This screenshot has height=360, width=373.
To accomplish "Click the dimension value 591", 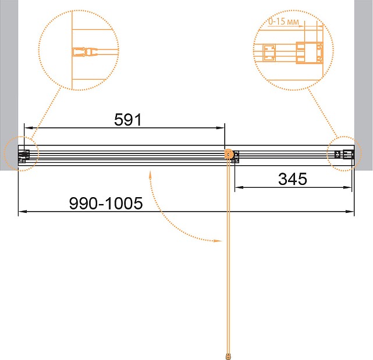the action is [x=128, y=119].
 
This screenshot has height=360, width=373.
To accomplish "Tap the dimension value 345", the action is [x=293, y=179].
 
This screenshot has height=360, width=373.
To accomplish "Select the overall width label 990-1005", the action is [x=106, y=204].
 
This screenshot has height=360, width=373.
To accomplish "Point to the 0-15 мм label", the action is [x=283, y=22].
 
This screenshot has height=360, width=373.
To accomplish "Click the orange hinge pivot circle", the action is [x=229, y=154].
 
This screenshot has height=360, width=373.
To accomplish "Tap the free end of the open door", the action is [x=228, y=356].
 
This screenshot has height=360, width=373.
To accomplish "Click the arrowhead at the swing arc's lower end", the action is [x=218, y=241].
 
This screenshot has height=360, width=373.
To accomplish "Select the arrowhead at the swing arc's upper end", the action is [x=150, y=175].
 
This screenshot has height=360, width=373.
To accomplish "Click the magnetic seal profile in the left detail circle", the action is [x=84, y=52].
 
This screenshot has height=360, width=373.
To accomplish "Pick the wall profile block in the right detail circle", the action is [x=309, y=53].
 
